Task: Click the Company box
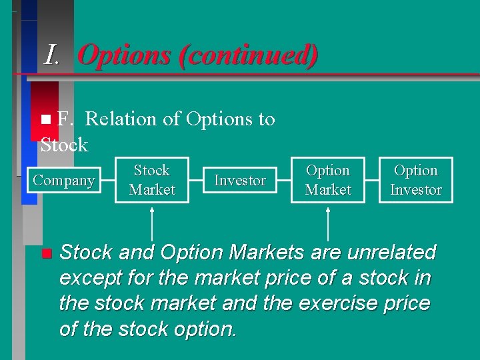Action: [x=64, y=180]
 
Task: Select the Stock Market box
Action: [x=152, y=180]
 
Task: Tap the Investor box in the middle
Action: [x=240, y=180]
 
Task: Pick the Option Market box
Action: [x=328, y=180]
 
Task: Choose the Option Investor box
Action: [x=416, y=180]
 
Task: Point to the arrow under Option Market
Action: [x=328, y=223]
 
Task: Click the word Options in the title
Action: [x=125, y=55]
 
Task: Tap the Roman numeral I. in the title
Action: [x=53, y=55]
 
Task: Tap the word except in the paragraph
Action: [x=89, y=278]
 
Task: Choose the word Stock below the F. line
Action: [x=64, y=145]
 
